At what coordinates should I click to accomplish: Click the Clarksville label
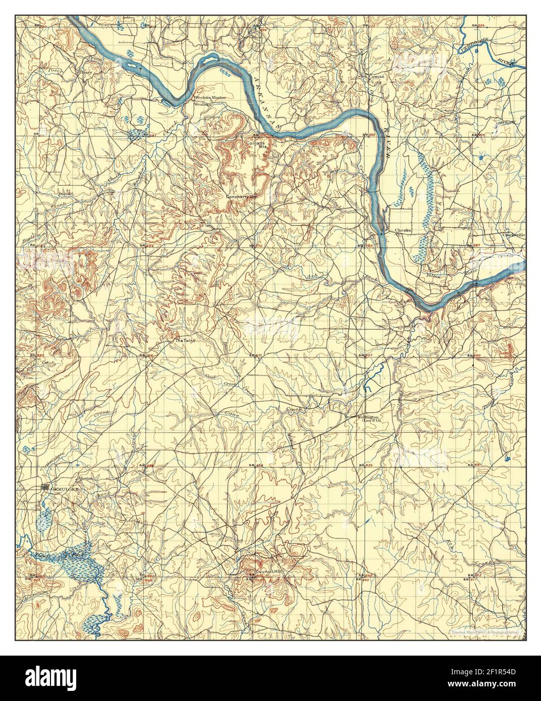(513, 235)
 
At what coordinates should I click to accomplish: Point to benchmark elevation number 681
(479, 464)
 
